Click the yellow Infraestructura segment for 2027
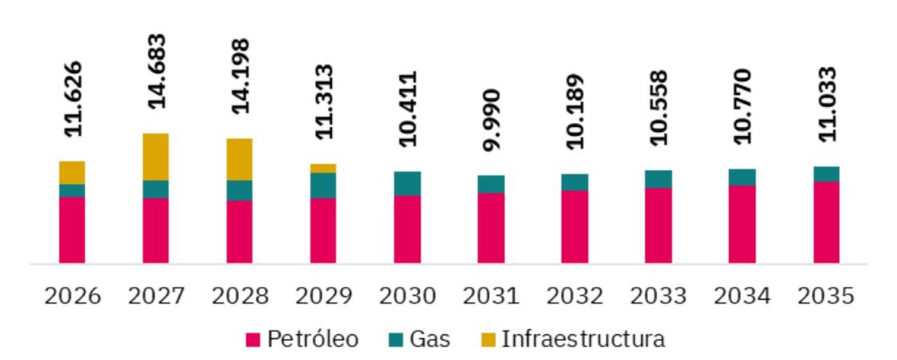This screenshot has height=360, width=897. point(156,157)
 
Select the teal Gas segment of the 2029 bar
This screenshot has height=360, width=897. point(323,185)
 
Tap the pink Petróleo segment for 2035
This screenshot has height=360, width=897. point(826,222)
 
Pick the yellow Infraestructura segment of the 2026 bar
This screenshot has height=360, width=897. point(72,172)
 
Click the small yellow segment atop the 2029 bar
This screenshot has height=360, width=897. point(323,168)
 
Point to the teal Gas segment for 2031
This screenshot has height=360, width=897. point(491,184)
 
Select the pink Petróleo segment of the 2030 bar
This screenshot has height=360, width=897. point(407,229)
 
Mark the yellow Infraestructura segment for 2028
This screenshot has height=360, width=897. point(239,160)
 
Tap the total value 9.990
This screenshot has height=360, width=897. point(491,120)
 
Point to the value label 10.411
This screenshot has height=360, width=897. point(407,108)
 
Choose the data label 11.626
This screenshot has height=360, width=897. point(72,99)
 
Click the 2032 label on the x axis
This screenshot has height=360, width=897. point(574,297)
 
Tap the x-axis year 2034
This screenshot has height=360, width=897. point(742,297)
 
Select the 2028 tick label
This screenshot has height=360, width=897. point(239,297)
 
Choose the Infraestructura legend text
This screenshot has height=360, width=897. point(582,340)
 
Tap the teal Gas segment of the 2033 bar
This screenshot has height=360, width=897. point(658,179)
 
